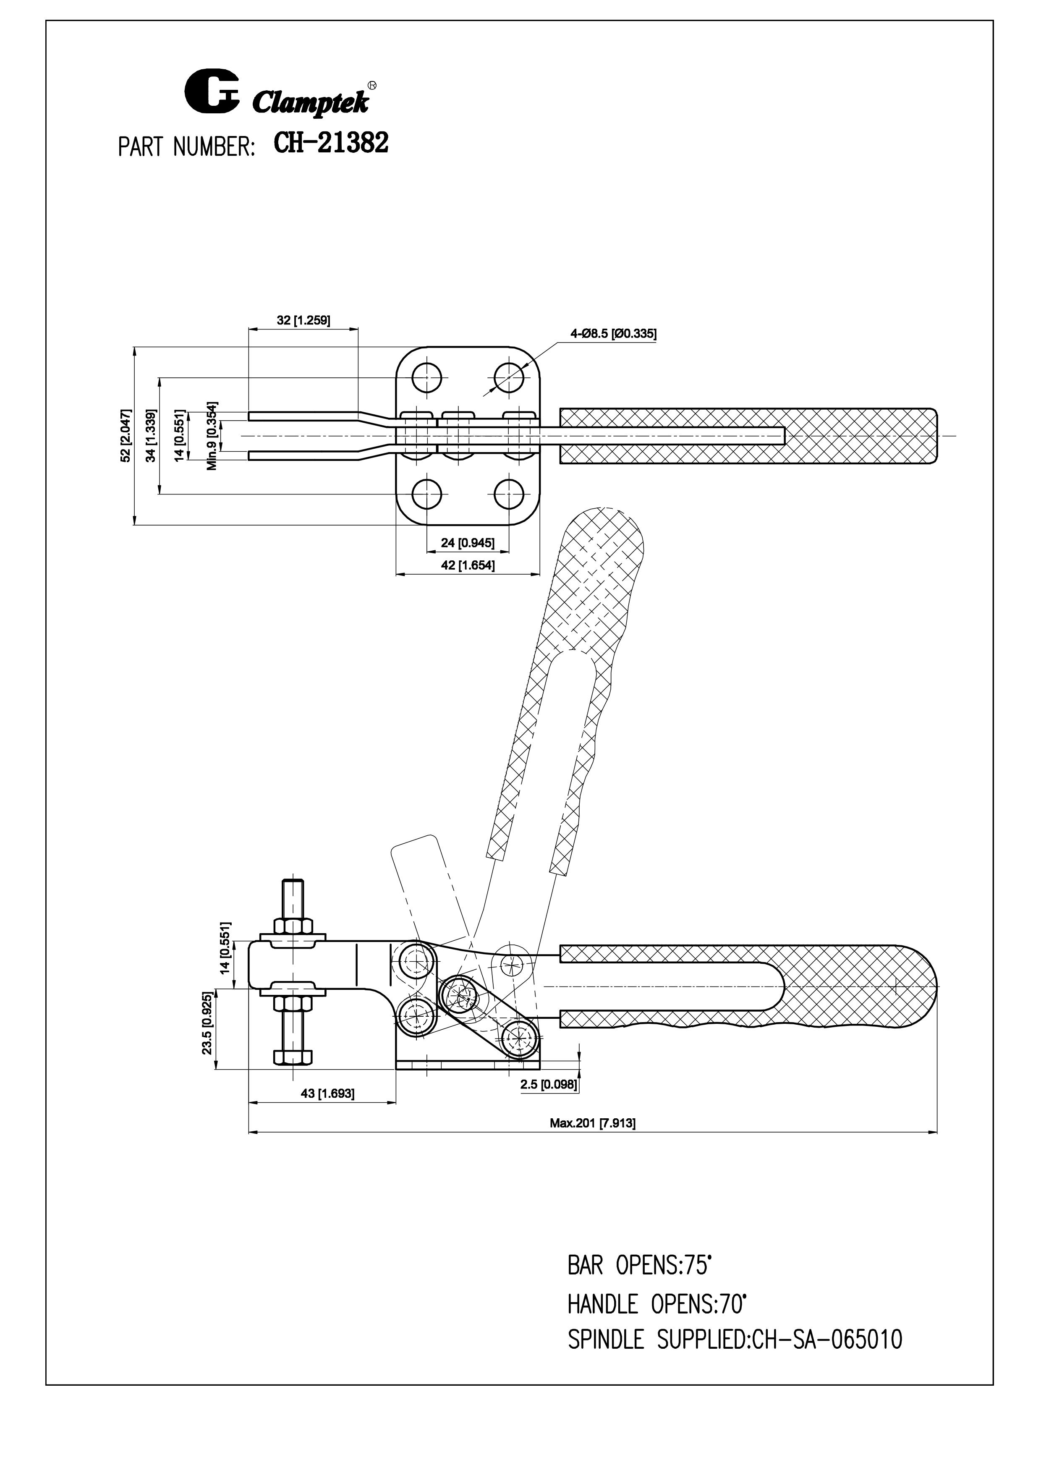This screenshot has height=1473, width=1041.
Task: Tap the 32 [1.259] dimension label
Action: (x=303, y=320)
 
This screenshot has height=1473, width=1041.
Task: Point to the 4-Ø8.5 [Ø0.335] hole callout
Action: (x=613, y=334)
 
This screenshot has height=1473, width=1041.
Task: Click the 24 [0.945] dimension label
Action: (x=468, y=543)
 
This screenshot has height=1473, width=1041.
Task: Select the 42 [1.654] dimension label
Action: (x=468, y=565)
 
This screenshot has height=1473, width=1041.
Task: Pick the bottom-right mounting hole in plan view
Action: (x=510, y=494)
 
